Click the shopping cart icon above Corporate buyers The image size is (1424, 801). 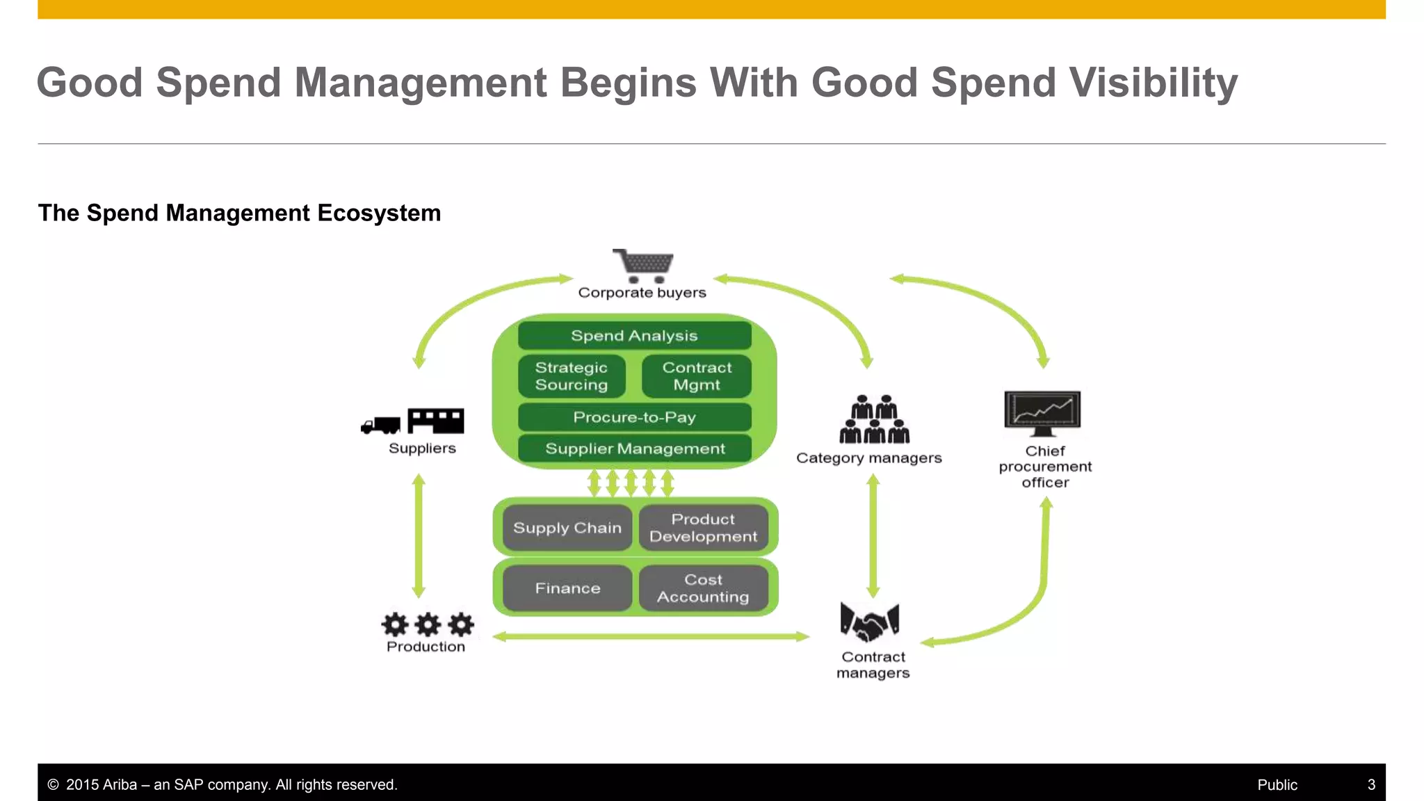pos(643,265)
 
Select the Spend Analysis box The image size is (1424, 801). pos(634,336)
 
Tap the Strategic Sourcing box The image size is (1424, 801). pos(572,376)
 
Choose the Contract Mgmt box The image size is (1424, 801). pos(697,376)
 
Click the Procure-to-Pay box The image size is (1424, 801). pos(634,417)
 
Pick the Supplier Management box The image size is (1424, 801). pos(634,448)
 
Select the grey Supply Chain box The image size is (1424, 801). pos(567,528)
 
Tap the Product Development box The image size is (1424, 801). pos(703,528)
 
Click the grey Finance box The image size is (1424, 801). pos(567,588)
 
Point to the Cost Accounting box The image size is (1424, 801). pos(703,588)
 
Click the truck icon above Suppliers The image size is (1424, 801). pos(381,425)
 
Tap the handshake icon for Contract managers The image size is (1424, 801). pos(870,621)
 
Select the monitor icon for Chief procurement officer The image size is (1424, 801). pos(1042,412)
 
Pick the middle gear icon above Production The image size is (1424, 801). pos(428,624)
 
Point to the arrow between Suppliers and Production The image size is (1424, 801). pos(419,535)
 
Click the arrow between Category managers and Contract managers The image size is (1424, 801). pos(873,535)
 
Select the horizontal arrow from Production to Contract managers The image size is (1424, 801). pos(651,636)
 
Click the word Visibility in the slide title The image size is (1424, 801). pos(1154,83)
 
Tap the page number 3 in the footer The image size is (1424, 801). pos(1371,784)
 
